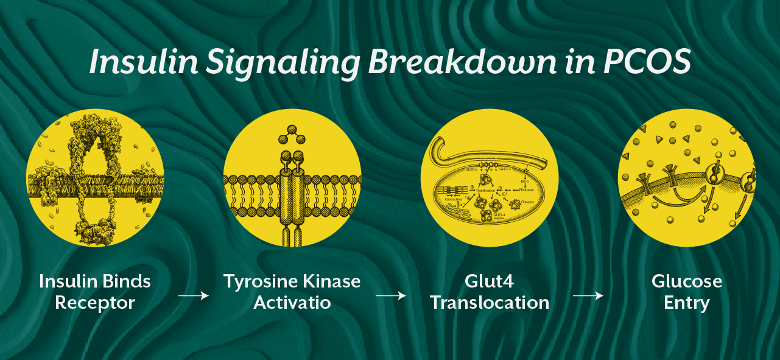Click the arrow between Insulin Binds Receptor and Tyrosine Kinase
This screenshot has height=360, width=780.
pyautogui.click(x=193, y=296)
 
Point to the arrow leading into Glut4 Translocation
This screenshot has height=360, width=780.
pyautogui.click(x=390, y=296)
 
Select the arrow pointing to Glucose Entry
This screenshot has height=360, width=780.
pyautogui.click(x=588, y=296)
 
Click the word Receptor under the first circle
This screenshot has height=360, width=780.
pyautogui.click(x=94, y=303)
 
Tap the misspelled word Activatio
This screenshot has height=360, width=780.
pyautogui.click(x=292, y=303)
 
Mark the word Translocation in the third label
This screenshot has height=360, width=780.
pyautogui.click(x=490, y=303)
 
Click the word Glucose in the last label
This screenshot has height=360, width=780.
pyautogui.click(x=687, y=282)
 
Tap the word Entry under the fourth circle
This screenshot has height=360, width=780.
pyautogui.click(x=687, y=303)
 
